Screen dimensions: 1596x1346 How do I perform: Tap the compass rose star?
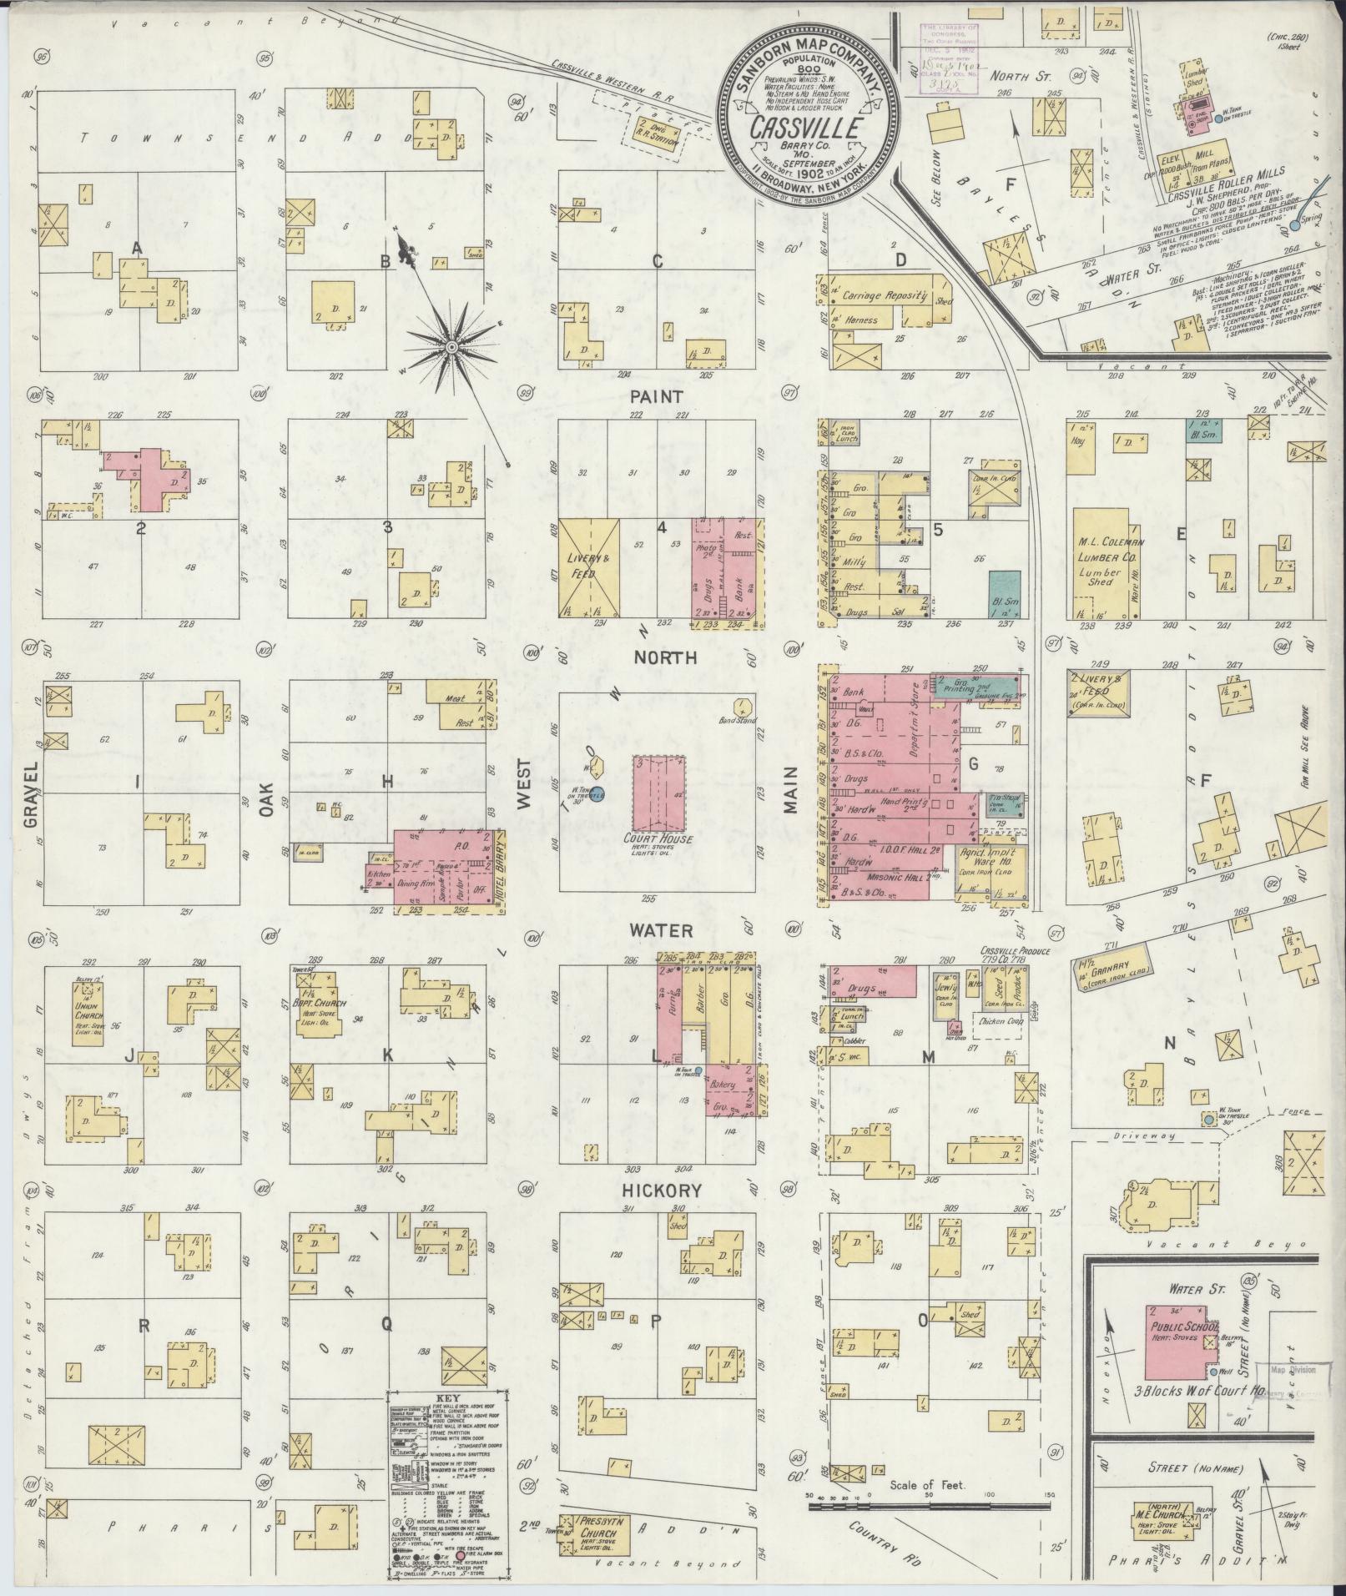coord(451,345)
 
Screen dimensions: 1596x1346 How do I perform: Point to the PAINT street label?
coord(657,396)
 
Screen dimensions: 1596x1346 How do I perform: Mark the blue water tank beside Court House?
coord(597,792)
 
